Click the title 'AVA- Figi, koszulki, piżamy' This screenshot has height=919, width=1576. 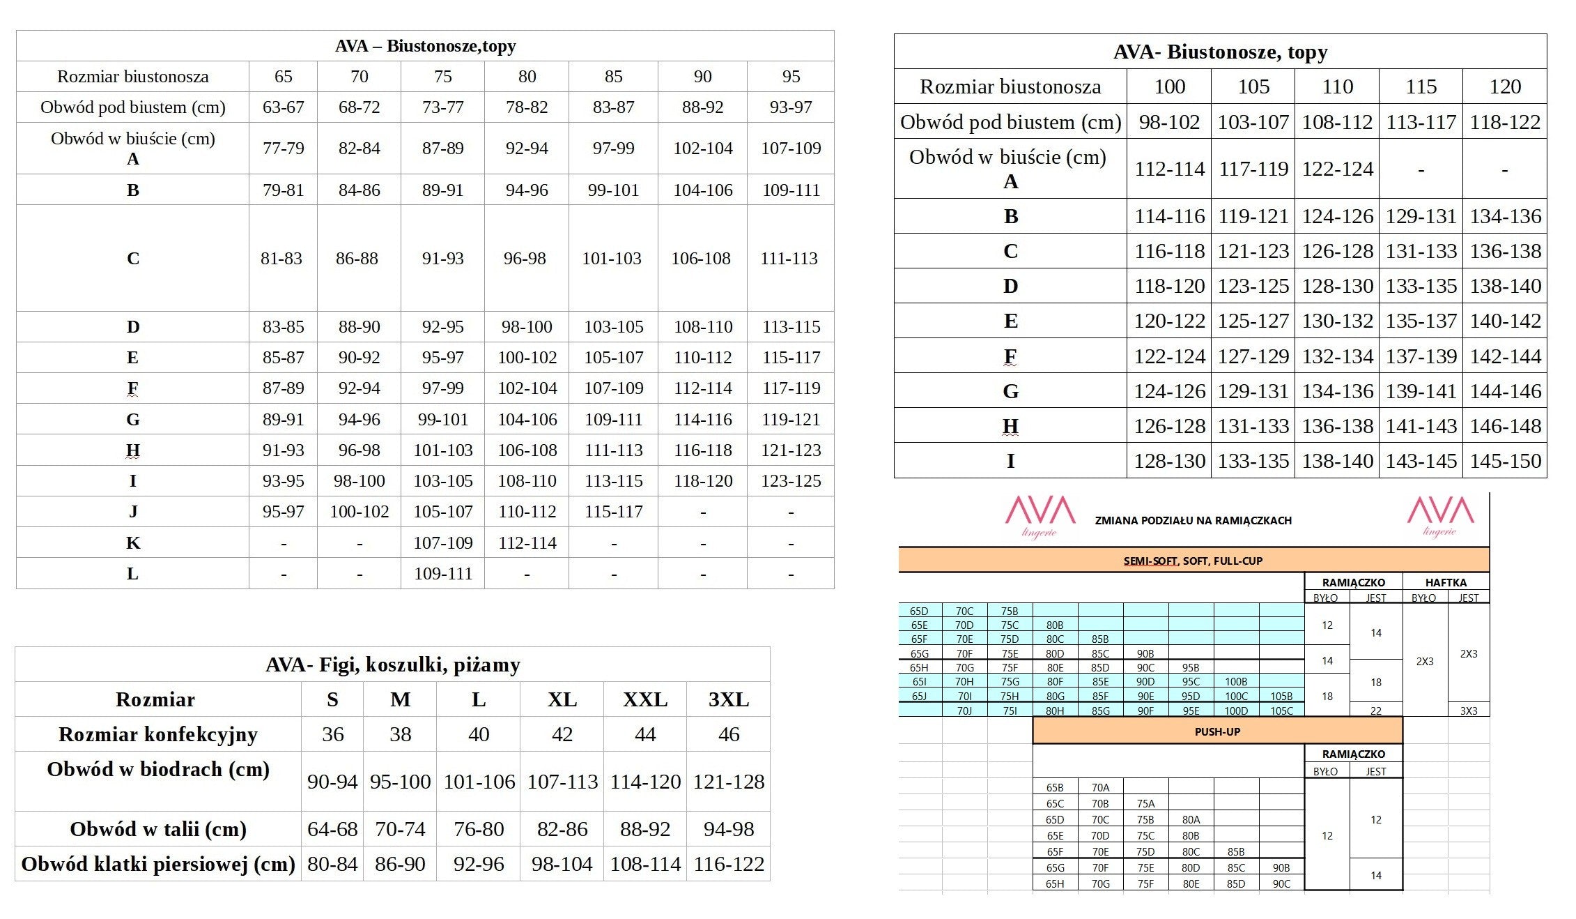392,664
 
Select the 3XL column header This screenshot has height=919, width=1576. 728,699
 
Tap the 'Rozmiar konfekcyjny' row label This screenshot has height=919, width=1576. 158,734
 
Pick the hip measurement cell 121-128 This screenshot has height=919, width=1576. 728,782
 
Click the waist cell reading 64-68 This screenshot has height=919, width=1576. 332,829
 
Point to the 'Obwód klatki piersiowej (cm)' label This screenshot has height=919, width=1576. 158,864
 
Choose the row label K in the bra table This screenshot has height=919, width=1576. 133,542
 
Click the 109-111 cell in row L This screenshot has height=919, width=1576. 442,573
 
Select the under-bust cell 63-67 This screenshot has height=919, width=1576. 283,107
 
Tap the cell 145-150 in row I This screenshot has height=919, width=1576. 1505,461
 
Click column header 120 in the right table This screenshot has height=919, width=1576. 1505,86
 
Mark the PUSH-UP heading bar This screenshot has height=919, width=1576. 1217,731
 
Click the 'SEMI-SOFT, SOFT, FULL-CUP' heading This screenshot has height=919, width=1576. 1193,561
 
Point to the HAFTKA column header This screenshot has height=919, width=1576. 1446,582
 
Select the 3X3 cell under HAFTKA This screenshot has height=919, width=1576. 1469,711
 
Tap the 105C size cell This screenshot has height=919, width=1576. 1281,711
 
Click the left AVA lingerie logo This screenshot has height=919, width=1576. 1040,516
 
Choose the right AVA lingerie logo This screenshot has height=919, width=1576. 1440,516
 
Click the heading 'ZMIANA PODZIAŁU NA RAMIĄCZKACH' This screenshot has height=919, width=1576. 1193,520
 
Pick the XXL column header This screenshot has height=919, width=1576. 645,699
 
